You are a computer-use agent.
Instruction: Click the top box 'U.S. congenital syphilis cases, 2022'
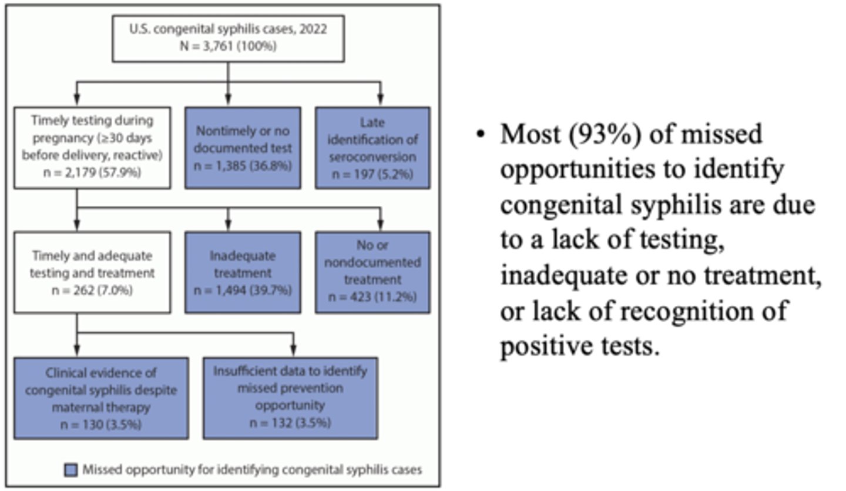point(228,38)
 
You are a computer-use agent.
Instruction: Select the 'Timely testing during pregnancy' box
point(92,147)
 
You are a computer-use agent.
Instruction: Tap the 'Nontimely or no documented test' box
point(243,148)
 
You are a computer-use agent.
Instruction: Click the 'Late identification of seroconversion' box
point(372,148)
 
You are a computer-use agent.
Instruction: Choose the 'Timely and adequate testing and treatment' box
point(92,272)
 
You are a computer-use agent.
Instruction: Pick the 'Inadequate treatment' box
point(243,272)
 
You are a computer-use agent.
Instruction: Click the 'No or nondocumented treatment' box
point(372,272)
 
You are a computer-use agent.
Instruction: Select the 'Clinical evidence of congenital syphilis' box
point(101,398)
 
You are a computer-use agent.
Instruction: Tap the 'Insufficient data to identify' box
point(290,398)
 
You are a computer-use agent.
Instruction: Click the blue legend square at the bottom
point(71,470)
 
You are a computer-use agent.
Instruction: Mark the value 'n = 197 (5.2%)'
point(372,174)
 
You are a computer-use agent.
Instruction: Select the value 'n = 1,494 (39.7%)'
point(243,289)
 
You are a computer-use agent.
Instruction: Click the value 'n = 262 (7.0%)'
point(92,289)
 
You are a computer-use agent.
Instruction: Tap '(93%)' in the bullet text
point(602,134)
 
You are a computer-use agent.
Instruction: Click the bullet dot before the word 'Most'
point(482,135)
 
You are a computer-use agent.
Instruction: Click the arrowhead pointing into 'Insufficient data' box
point(293,352)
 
